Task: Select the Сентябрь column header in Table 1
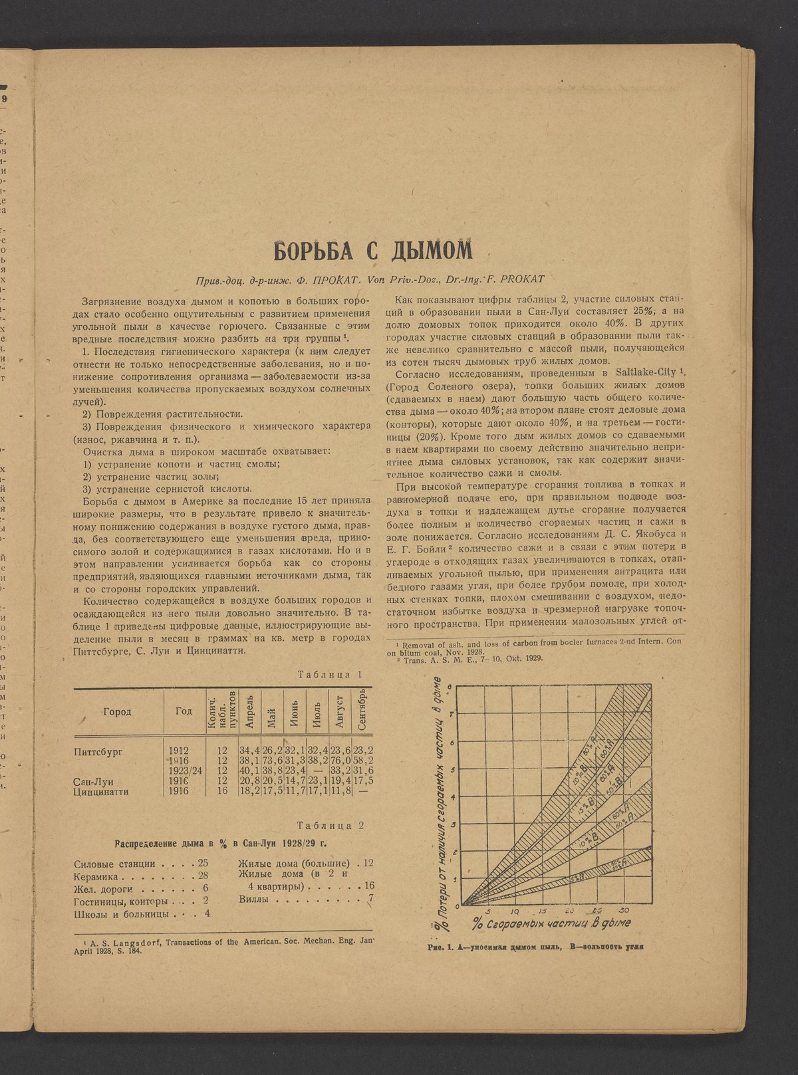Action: pyautogui.click(x=363, y=711)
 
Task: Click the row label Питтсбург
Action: pyautogui.click(x=100, y=751)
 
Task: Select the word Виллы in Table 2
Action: pyautogui.click(x=254, y=899)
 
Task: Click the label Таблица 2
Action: pyautogui.click(x=330, y=826)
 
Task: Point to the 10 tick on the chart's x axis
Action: pyautogui.click(x=516, y=910)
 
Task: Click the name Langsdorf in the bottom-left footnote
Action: pyautogui.click(x=136, y=942)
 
